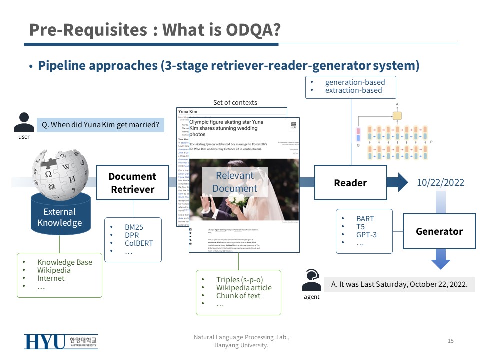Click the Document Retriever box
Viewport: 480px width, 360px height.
133,183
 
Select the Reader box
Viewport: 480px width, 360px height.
350,183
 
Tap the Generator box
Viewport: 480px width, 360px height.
439,231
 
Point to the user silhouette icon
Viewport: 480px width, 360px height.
24,122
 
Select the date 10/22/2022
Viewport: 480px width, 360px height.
440,183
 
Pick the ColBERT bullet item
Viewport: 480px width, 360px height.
139,243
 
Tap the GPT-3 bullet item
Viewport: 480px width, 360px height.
366,234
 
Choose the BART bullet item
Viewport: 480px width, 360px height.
365,218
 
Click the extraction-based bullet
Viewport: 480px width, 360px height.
353,90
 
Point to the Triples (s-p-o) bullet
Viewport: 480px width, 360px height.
239,280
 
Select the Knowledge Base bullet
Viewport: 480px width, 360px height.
64,262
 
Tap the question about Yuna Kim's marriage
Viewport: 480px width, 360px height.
100,125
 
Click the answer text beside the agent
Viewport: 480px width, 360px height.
399,284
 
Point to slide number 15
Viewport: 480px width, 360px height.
451,341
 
